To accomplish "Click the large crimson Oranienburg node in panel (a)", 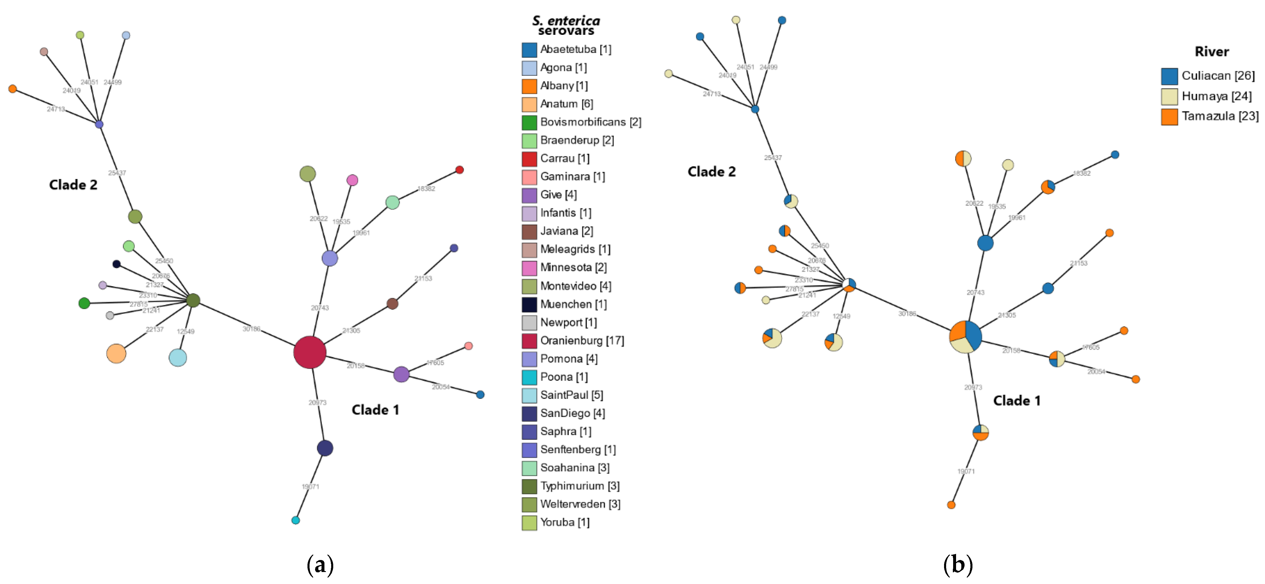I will click(310, 352).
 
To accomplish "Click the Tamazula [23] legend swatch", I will click(1169, 117).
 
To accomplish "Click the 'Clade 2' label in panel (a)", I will click(73, 185).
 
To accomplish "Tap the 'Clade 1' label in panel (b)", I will click(1017, 401).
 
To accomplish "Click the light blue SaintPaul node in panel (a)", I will click(178, 358).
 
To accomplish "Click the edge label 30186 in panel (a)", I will click(251, 329).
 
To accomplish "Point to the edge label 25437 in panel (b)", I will click(773, 158).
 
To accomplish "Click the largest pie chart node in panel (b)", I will click(965, 337).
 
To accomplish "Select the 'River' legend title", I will click(1211, 51).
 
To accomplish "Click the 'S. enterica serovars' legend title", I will click(566, 25).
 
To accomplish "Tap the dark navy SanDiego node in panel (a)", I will click(325, 448).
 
